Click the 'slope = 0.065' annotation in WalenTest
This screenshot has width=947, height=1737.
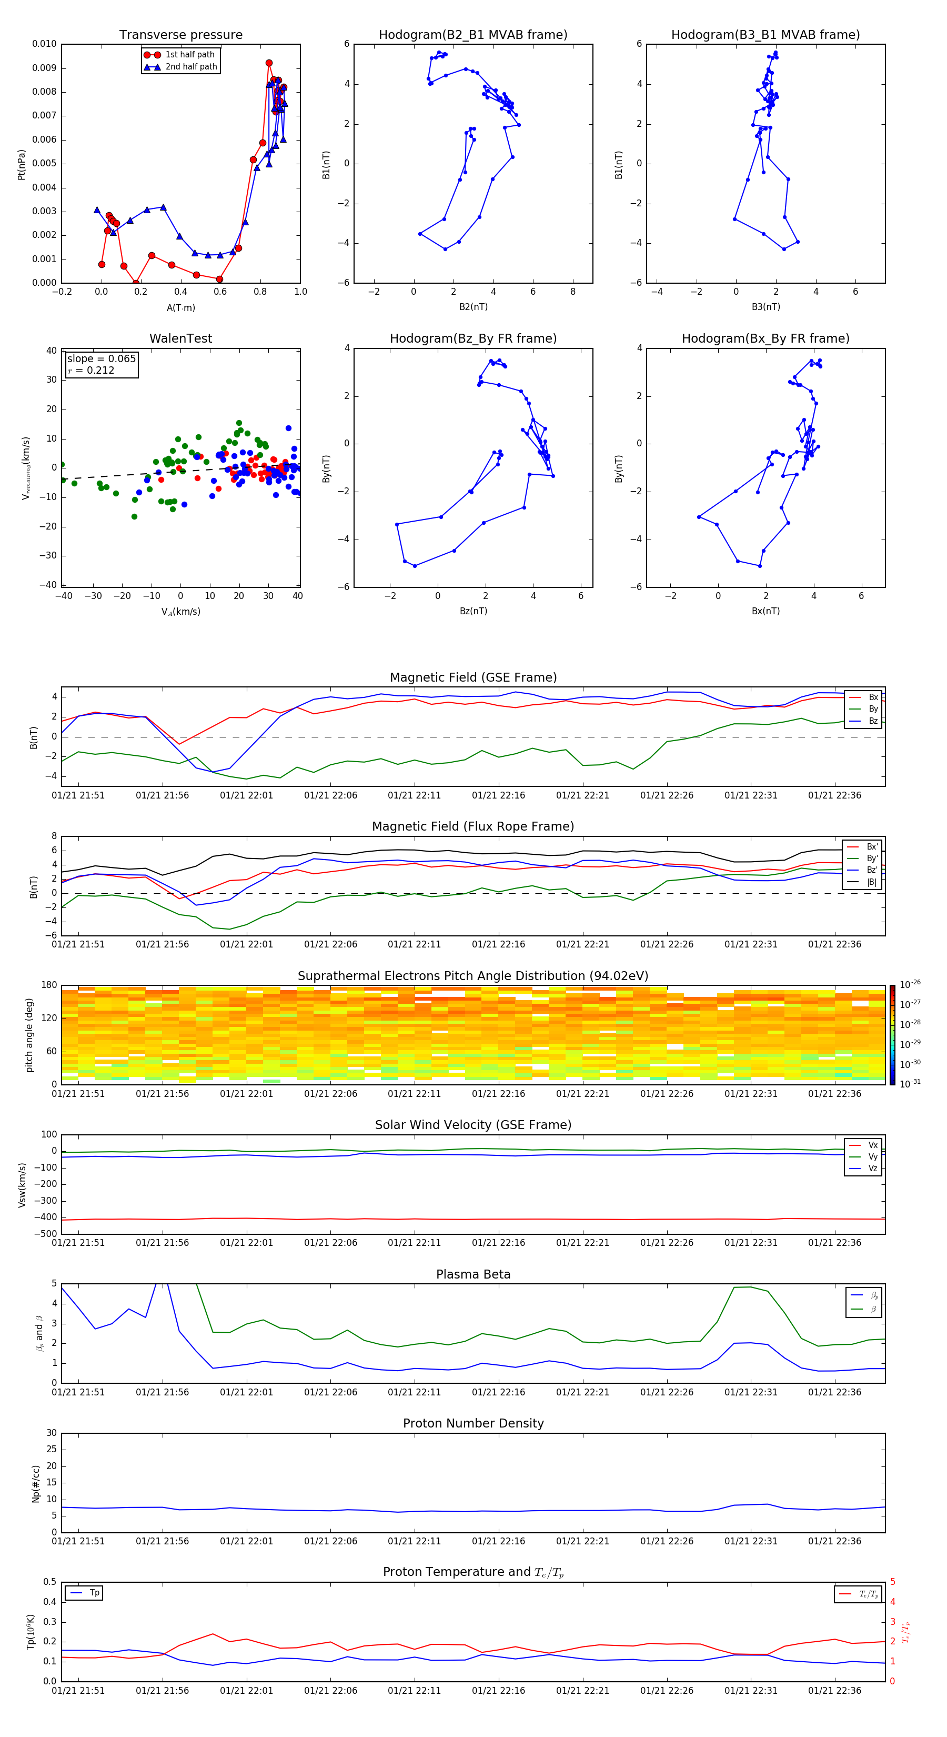(x=101, y=359)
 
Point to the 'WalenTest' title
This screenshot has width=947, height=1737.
(x=180, y=338)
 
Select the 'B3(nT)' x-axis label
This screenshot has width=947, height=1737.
(x=765, y=307)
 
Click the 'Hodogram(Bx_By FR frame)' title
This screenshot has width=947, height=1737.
(x=765, y=338)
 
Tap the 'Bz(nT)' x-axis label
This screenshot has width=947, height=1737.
(x=473, y=611)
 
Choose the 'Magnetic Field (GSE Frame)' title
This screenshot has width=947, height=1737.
(x=473, y=677)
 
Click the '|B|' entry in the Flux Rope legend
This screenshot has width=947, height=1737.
(x=872, y=882)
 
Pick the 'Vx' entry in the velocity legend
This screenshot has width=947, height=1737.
(x=872, y=1145)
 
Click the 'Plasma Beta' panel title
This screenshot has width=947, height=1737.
(x=473, y=1274)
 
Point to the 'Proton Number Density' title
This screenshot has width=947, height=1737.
(x=473, y=1423)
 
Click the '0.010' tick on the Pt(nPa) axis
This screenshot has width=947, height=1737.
(x=45, y=44)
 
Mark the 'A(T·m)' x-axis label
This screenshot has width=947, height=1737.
(x=180, y=307)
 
